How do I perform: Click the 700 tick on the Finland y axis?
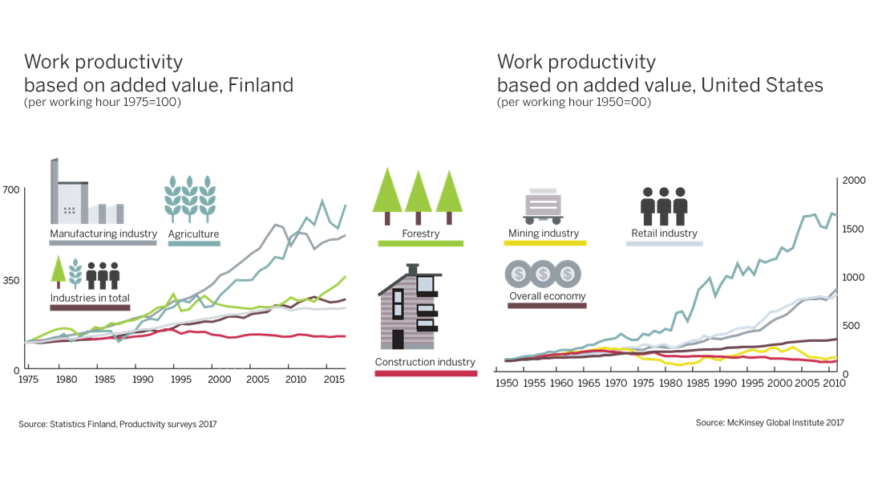(10, 189)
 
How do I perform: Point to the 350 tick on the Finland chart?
(10, 279)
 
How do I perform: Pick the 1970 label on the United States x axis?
(615, 384)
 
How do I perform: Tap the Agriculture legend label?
(193, 234)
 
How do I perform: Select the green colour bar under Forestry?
(420, 243)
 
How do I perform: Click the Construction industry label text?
(425, 362)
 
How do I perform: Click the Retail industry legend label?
(664, 234)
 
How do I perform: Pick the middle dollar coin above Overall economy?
(543, 274)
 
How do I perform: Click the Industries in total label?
(89, 297)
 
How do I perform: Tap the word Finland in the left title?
(261, 85)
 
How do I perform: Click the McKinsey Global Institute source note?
(769, 423)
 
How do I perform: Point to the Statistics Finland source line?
(117, 424)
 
